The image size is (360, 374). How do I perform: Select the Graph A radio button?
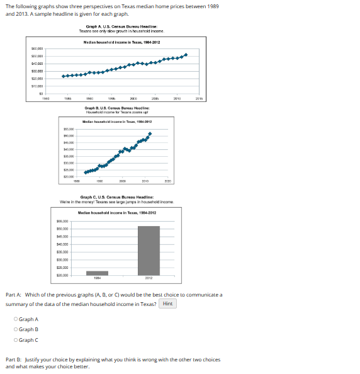tap(16, 319)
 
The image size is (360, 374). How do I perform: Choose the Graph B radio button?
tap(16, 329)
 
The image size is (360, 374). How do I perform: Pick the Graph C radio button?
tap(16, 340)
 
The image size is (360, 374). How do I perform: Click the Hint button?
tap(167, 303)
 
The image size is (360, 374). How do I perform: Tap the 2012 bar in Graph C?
tap(149, 251)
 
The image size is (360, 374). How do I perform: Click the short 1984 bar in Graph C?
tap(98, 273)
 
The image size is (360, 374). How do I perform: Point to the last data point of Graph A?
tap(186, 55)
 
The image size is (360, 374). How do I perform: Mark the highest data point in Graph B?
tap(150, 133)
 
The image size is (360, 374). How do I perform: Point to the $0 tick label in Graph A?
tap(40, 93)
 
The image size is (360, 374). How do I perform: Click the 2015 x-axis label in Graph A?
tap(199, 99)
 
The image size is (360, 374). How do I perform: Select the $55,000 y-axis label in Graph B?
tap(69, 128)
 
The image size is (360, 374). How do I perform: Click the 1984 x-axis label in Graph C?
tap(98, 279)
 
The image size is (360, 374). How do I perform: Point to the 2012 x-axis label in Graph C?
tap(149, 279)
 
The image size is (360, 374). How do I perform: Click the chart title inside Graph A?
tap(121, 42)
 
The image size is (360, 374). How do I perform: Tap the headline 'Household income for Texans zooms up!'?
tap(121, 111)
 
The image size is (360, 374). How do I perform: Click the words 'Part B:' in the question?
tap(13, 360)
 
